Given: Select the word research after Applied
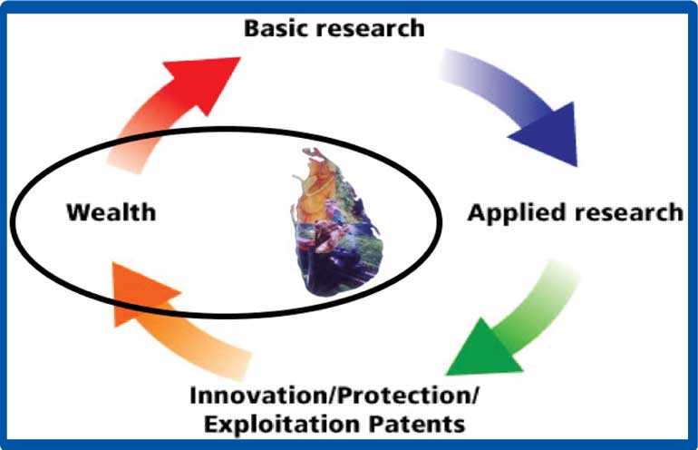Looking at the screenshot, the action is pos(628,212).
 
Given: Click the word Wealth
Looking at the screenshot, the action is pos(111,212).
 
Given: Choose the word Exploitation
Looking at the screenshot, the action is pos(282,425).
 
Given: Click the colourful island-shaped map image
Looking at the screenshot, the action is pos(336,223).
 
